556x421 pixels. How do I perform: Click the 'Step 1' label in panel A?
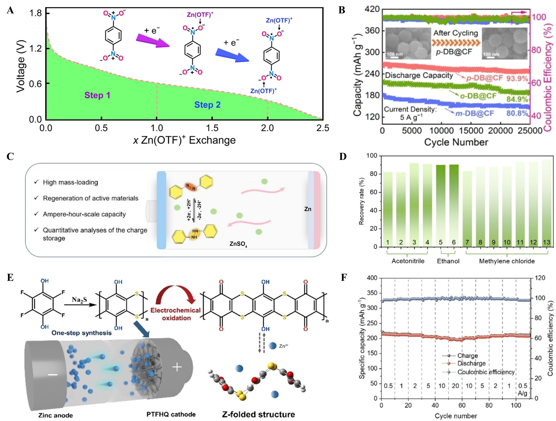(97, 95)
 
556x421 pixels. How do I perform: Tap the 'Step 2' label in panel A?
(207, 105)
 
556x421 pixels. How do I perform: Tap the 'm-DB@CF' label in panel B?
(475, 114)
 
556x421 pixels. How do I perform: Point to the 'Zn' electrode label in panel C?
(308, 209)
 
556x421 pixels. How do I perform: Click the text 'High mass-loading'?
(70, 182)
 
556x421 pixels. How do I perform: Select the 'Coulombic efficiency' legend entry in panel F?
(486, 372)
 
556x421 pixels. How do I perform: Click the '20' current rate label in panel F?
(455, 386)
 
